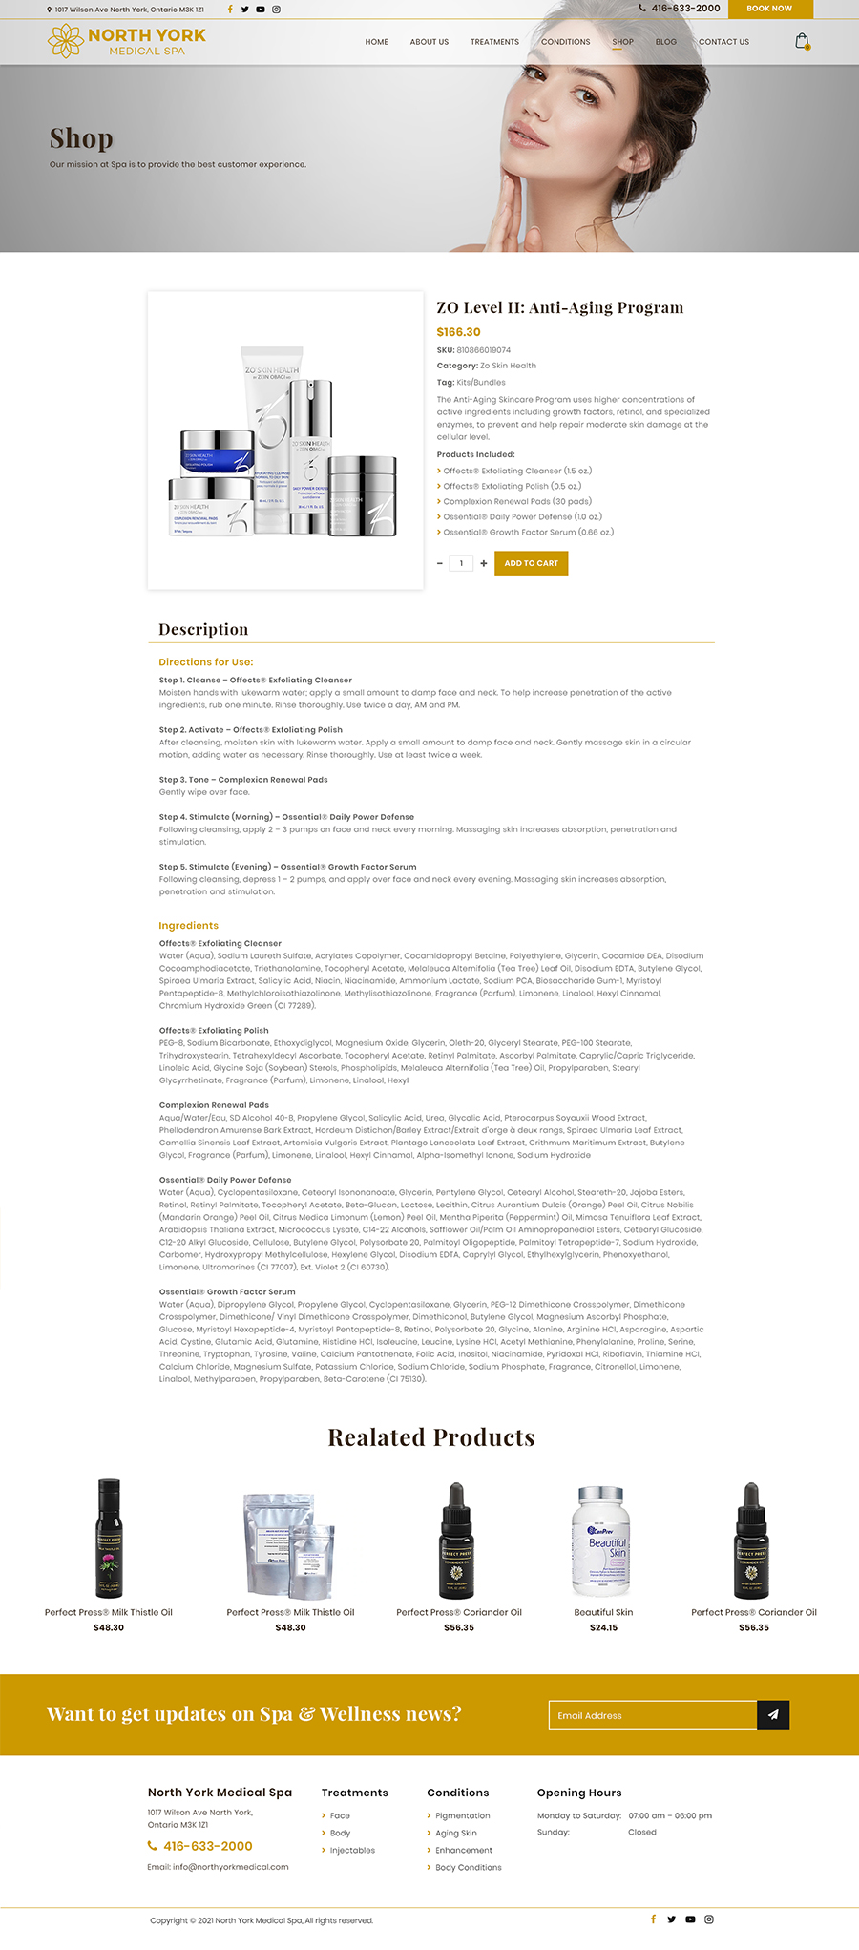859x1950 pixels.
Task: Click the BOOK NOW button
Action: point(769,9)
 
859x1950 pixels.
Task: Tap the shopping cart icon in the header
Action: point(803,41)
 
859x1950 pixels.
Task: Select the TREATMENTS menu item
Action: point(494,42)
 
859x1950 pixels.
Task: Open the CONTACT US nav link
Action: point(723,42)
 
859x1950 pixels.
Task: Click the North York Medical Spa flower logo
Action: point(66,41)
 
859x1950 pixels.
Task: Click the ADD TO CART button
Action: point(531,563)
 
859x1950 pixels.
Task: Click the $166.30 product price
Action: point(458,332)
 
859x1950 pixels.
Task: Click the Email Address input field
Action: point(653,1715)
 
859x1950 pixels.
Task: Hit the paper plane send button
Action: point(773,1715)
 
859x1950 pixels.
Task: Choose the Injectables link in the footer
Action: point(352,1850)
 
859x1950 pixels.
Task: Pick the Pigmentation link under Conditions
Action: point(462,1815)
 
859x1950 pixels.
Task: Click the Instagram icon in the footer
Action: point(709,1919)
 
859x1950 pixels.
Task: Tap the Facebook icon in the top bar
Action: point(229,10)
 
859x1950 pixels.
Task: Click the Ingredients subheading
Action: point(188,925)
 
